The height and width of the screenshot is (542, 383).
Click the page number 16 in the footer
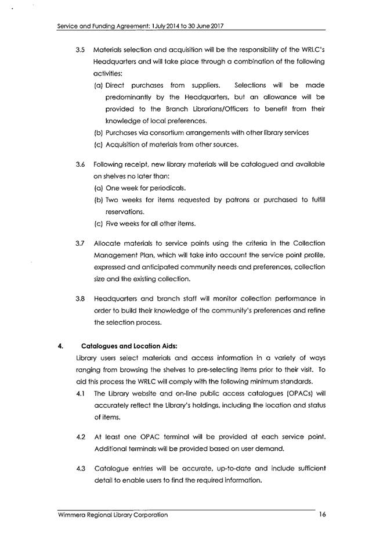(x=323, y=515)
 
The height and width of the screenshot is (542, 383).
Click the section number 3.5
(x=81, y=50)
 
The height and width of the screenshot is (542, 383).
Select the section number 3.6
(x=81, y=164)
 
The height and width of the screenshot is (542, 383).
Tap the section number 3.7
(x=81, y=243)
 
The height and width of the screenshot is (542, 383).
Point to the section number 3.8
(x=81, y=299)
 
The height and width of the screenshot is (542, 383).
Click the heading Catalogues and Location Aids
(x=118, y=346)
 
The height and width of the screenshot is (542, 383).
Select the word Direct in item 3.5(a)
(x=117, y=85)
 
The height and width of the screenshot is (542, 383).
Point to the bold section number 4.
(x=60, y=346)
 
